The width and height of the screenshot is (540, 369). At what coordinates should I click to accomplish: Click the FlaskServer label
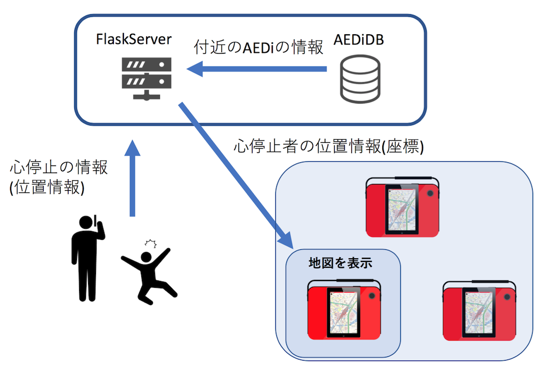tap(133, 39)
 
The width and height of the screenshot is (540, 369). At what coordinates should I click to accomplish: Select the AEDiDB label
tap(360, 39)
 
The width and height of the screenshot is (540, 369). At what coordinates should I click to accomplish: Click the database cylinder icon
tap(360, 80)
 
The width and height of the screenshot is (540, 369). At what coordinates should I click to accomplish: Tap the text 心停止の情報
tap(59, 168)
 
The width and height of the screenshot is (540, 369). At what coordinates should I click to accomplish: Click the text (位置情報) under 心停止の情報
tap(47, 188)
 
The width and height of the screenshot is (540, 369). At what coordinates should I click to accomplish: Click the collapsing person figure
tap(148, 274)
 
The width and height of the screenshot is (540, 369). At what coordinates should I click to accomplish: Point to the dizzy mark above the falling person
tap(152, 243)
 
